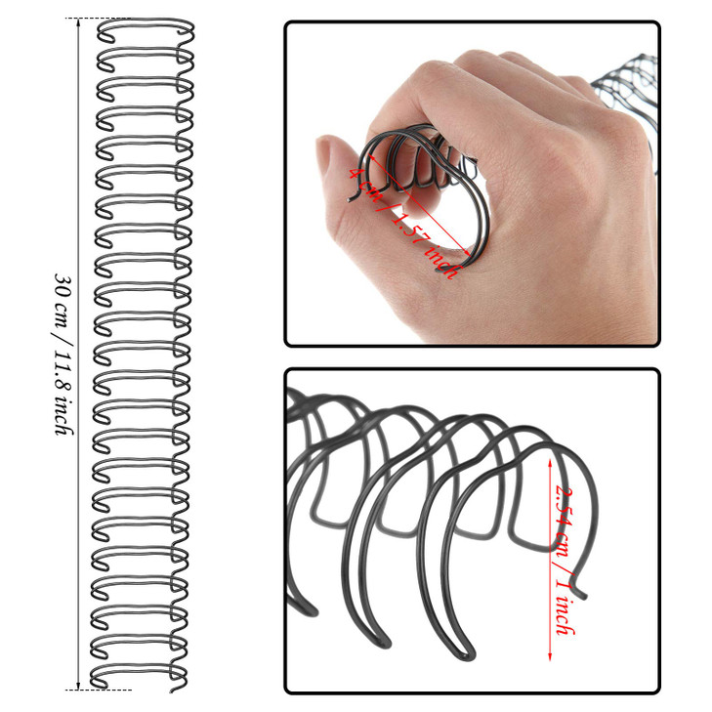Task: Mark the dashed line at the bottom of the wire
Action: [103, 691]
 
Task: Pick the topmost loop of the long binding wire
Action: [145, 31]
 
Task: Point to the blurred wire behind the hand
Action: [625, 78]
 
